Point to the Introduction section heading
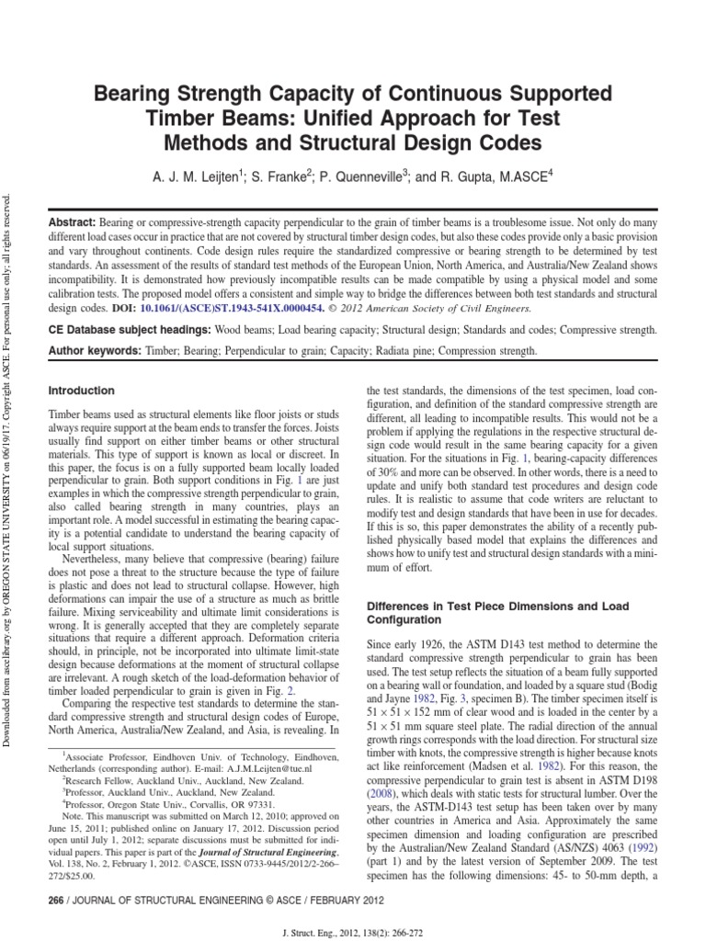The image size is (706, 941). (81, 391)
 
